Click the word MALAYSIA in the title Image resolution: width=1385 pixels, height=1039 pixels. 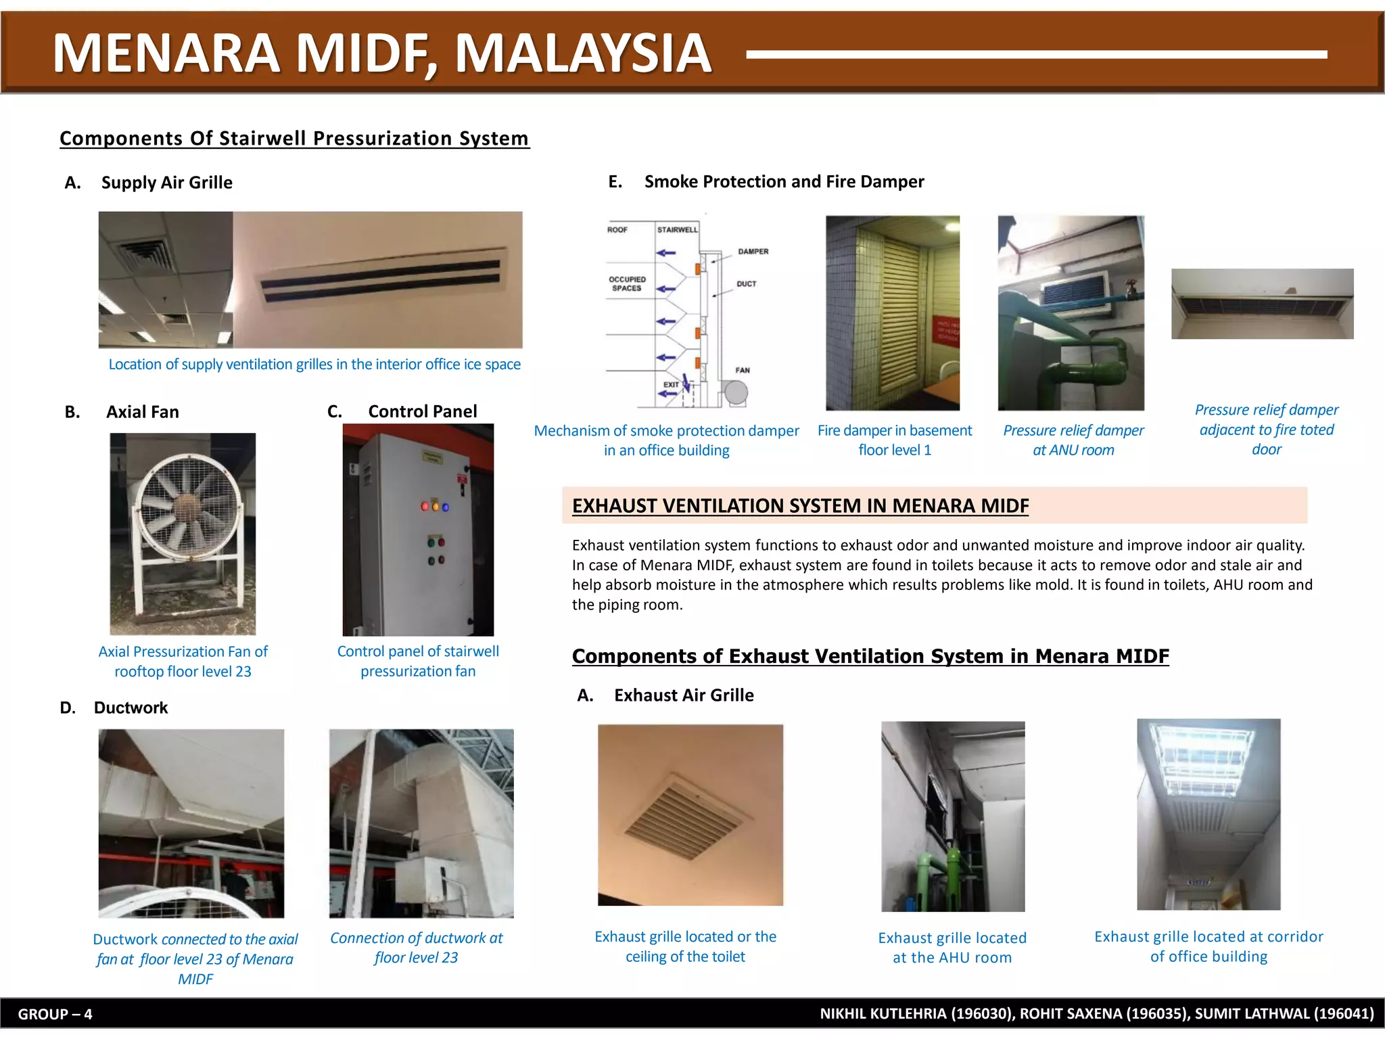[x=583, y=54]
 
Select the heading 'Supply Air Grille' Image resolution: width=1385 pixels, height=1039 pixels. [x=166, y=183]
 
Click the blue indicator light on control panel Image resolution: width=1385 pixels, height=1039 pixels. [x=446, y=507]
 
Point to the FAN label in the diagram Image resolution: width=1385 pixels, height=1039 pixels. [x=743, y=370]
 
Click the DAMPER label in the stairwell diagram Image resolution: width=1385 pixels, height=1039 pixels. [x=753, y=252]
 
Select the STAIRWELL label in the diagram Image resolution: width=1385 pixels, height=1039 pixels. [x=677, y=230]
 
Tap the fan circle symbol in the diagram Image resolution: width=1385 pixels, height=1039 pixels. [x=736, y=392]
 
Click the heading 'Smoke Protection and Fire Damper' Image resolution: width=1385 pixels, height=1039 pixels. [x=784, y=182]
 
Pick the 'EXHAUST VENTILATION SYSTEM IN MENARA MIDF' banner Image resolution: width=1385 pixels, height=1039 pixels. [x=800, y=505]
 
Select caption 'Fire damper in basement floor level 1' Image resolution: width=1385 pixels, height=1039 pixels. [x=894, y=440]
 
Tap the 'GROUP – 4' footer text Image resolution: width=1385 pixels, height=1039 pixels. [x=55, y=1014]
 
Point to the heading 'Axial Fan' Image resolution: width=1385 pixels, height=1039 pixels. [x=142, y=412]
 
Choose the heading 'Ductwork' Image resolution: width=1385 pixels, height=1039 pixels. [x=131, y=708]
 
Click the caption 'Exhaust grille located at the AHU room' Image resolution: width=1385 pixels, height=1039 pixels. [x=952, y=947]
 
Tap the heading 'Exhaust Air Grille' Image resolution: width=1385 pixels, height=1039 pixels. [x=683, y=695]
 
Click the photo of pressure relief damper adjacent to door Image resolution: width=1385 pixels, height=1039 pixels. [x=1262, y=304]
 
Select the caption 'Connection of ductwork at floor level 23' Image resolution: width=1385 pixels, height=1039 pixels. [x=416, y=948]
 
